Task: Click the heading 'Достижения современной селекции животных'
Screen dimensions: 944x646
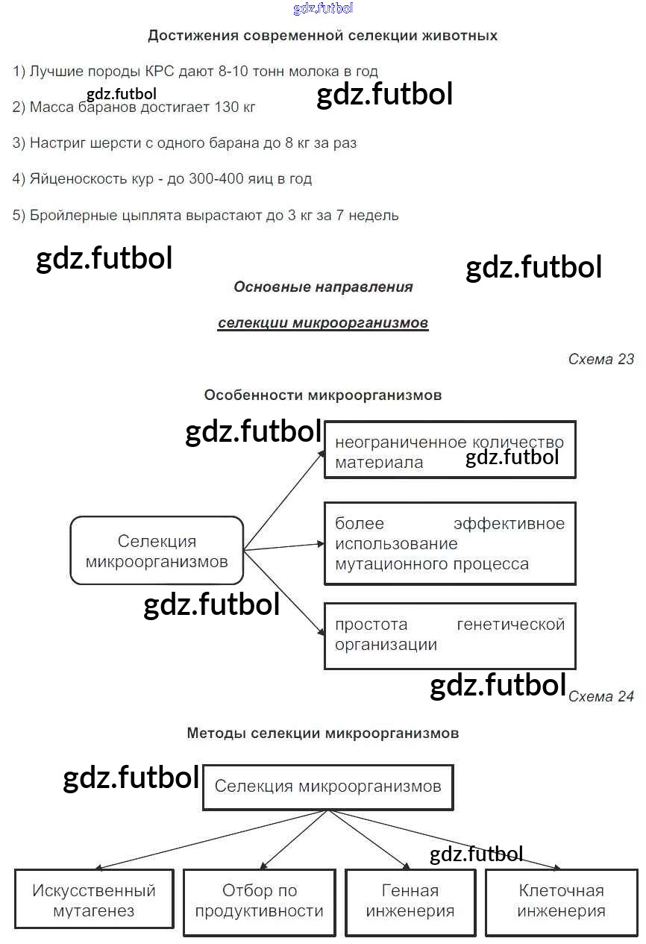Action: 322,36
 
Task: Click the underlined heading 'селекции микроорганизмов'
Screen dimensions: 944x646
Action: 323,323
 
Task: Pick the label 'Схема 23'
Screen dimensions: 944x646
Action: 600,359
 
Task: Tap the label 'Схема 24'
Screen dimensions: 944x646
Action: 600,696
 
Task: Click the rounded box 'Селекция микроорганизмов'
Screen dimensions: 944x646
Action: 157,551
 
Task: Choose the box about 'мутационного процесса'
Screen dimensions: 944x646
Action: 450,543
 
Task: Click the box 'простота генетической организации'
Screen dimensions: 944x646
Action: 450,635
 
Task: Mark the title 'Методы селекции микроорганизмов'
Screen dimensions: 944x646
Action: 322,733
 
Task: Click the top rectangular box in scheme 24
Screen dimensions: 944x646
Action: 327,787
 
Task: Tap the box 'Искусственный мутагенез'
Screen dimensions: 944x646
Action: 94,900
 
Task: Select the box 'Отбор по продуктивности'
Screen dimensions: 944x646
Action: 259,900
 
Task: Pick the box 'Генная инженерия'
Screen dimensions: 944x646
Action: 410,900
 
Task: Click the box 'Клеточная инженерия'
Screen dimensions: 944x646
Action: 561,900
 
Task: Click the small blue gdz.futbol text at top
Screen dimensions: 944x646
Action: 323,8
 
